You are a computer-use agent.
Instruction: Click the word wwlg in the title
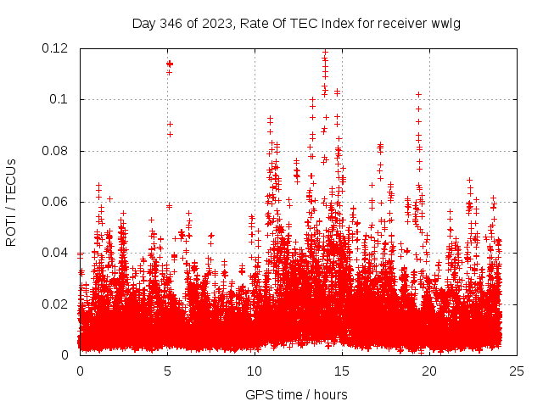coord(445,23)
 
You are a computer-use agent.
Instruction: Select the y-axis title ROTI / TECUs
coord(11,201)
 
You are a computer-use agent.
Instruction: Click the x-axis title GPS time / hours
coord(289,394)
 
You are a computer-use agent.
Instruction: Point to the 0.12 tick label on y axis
coord(56,48)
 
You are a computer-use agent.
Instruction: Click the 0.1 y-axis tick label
coord(61,99)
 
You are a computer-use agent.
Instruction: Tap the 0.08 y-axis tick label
coord(56,151)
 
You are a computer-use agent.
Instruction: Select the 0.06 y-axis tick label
coord(56,202)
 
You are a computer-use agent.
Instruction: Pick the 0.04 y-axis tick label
coord(56,253)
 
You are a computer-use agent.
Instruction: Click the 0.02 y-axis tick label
coord(56,304)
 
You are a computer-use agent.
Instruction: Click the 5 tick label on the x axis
coord(167,371)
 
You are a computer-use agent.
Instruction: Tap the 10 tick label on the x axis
coord(255,371)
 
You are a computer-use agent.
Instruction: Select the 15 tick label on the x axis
coord(342,371)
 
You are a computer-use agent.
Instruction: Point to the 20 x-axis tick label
coord(429,371)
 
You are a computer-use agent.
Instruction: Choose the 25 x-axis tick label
coord(517,371)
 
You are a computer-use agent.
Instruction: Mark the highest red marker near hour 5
coord(170,64)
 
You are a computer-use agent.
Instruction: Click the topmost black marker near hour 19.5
coord(418,94)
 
